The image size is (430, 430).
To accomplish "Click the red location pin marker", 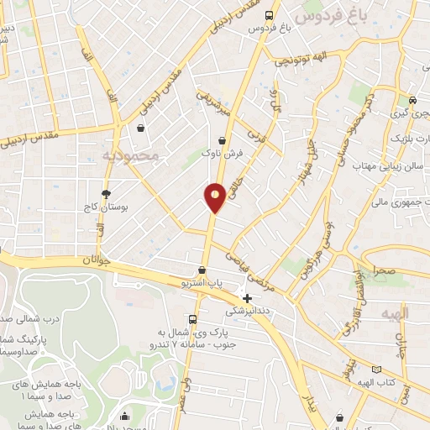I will [216, 197].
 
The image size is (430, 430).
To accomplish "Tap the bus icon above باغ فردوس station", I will [269, 15].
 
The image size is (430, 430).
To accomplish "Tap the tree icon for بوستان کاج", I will [105, 193].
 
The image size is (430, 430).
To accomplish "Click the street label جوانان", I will [97, 261].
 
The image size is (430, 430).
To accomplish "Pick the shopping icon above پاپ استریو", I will [202, 270].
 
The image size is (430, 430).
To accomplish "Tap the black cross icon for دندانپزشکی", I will [247, 297].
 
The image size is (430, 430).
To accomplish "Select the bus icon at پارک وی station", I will [193, 319].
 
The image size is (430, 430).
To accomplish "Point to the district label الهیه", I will [395, 312].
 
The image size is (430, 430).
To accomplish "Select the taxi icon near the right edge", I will [412, 100].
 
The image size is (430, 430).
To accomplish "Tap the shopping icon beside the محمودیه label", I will [139, 128].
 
